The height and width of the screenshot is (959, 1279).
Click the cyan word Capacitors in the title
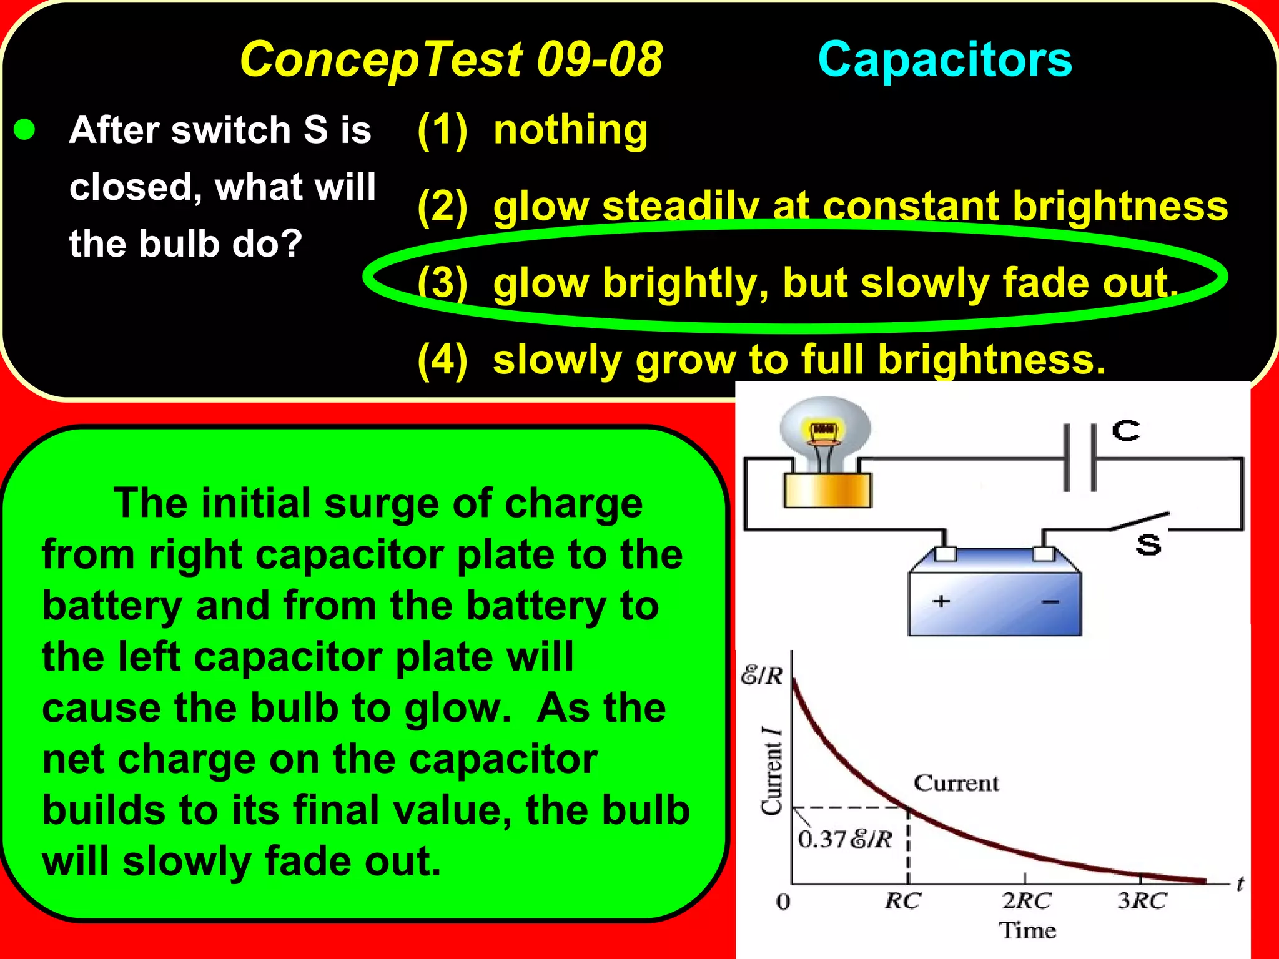(x=944, y=59)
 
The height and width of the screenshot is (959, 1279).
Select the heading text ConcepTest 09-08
(x=451, y=59)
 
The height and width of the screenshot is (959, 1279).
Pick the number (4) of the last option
(x=442, y=360)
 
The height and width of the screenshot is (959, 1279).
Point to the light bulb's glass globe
(x=824, y=431)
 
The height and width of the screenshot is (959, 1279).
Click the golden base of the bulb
(x=827, y=490)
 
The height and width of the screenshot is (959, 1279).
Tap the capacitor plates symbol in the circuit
(x=1080, y=458)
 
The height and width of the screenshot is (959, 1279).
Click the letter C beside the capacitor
(x=1126, y=431)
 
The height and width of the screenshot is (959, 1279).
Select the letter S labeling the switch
(x=1148, y=545)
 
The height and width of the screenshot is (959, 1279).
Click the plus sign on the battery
(x=941, y=601)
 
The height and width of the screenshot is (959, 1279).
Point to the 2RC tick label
(x=1027, y=901)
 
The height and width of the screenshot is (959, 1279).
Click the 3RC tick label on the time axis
(x=1142, y=901)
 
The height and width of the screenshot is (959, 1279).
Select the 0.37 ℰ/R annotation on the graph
(x=844, y=840)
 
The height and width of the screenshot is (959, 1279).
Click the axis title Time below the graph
(x=1027, y=930)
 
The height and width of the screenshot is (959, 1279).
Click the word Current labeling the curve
(x=956, y=783)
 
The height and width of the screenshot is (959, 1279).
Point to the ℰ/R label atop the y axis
(x=762, y=676)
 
